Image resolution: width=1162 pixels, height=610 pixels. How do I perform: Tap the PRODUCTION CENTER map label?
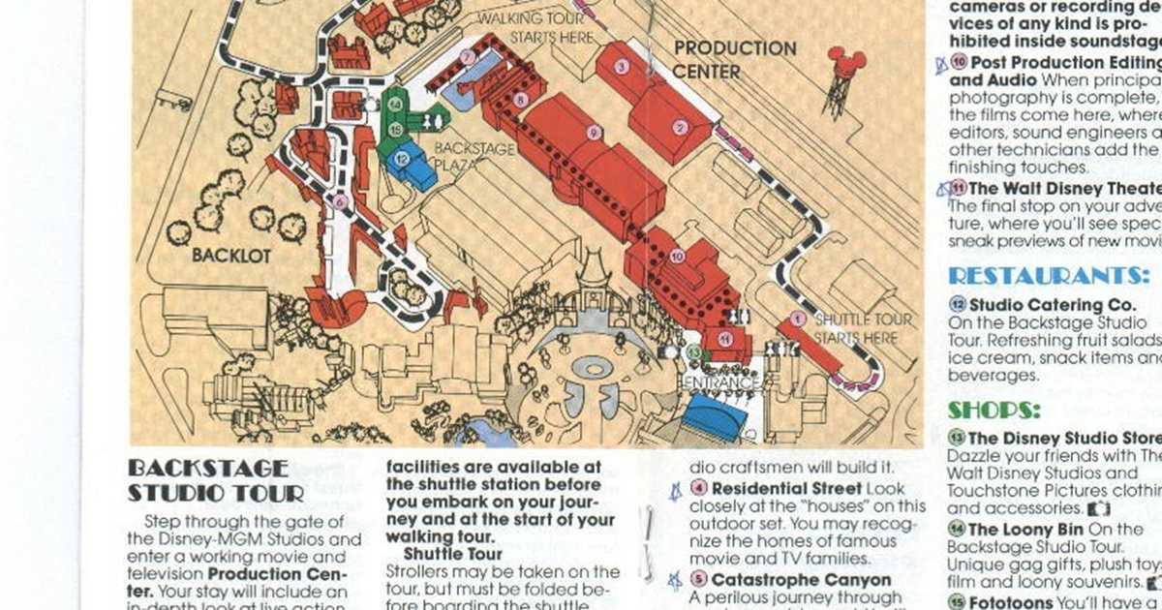point(735,59)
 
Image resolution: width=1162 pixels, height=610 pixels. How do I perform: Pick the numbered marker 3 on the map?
point(623,66)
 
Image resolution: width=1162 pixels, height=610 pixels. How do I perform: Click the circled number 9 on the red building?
point(594,133)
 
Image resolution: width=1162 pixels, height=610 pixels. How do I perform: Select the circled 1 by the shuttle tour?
point(797,317)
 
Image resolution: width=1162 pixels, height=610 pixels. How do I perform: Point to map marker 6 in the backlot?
point(339,201)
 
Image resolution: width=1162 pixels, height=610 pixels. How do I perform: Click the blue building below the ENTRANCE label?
point(715,418)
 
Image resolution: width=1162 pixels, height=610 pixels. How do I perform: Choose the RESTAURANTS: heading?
point(1048,276)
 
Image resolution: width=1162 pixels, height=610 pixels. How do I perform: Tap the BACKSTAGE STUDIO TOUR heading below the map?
point(207,480)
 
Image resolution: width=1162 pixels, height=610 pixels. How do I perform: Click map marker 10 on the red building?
point(677,256)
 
